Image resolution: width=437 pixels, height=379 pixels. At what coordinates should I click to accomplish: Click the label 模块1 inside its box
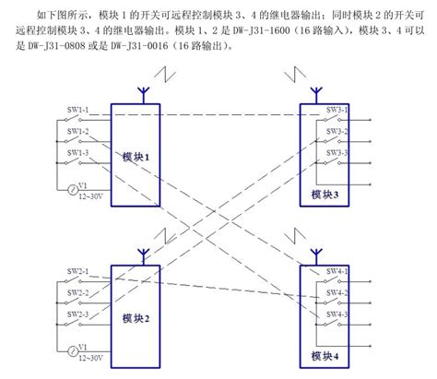135,157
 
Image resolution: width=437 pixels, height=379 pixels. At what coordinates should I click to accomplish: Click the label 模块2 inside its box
135,318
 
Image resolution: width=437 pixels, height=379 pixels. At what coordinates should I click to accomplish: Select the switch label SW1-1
77,111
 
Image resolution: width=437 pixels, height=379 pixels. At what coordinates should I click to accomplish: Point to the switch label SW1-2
77,131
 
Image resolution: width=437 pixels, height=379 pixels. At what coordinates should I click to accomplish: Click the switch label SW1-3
77,152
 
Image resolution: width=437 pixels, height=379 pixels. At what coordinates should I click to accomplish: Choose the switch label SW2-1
77,271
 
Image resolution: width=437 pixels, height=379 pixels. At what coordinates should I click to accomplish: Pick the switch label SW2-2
77,292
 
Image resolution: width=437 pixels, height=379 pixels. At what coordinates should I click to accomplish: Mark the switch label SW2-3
77,314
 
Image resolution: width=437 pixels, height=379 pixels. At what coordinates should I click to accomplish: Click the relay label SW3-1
336,111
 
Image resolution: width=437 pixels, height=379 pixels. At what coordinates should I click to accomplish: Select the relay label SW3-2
336,131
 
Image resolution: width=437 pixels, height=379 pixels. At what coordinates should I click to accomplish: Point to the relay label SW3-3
336,152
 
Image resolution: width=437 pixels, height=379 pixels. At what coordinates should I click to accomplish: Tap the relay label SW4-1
336,271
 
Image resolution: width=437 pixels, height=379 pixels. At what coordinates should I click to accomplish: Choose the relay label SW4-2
336,292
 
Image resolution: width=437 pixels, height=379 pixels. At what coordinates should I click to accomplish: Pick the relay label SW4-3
336,314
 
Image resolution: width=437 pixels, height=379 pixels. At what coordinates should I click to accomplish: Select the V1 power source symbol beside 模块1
71,190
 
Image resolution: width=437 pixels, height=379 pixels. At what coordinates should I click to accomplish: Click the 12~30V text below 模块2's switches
89,357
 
